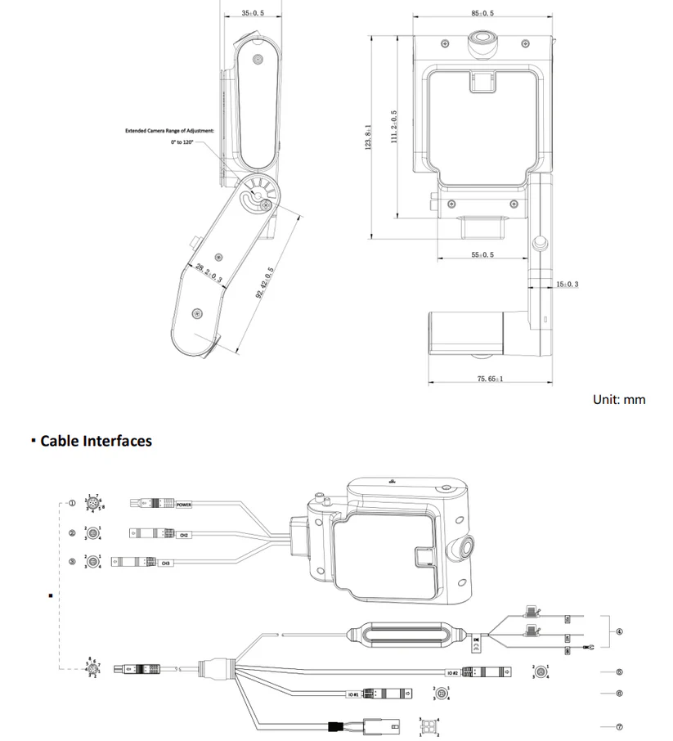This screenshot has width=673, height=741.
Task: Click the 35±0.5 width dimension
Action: pos(253,13)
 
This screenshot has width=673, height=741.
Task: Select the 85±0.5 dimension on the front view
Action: pos(482,13)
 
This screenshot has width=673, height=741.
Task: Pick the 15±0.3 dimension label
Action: pos(567,284)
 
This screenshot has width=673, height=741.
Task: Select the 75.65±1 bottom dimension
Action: pos(490,379)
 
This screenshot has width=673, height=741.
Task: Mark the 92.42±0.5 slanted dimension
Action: pos(264,282)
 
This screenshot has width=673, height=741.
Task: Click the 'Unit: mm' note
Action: pos(619,400)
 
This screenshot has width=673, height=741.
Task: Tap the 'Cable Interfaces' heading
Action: pos(96,441)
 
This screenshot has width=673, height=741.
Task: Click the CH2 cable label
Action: pos(185,534)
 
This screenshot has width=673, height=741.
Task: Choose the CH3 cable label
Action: pos(165,563)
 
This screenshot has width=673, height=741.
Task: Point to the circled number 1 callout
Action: pos(73,504)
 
